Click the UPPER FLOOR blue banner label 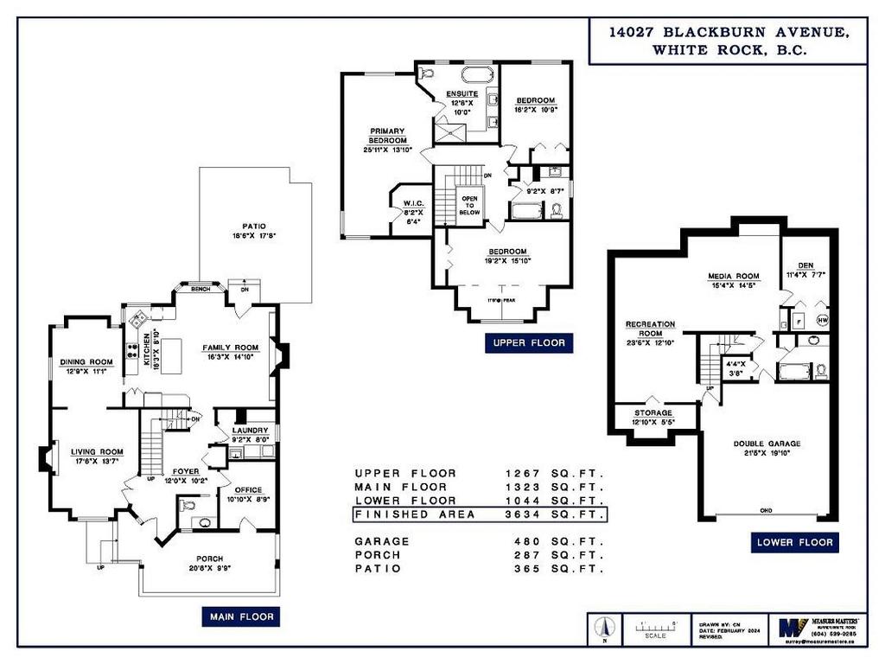click(x=528, y=343)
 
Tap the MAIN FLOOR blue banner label click(x=240, y=616)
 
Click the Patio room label click(x=254, y=229)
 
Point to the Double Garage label click(x=767, y=444)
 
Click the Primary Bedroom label click(x=388, y=136)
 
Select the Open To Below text click(x=469, y=204)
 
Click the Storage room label click(x=653, y=413)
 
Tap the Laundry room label click(x=249, y=430)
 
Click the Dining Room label click(x=86, y=362)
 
